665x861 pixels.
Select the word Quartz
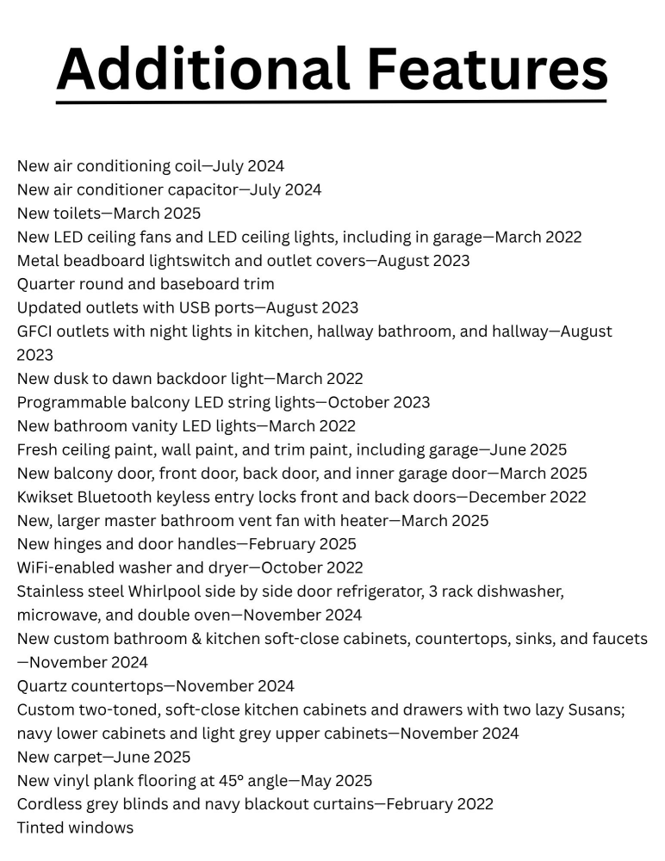[x=42, y=686]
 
